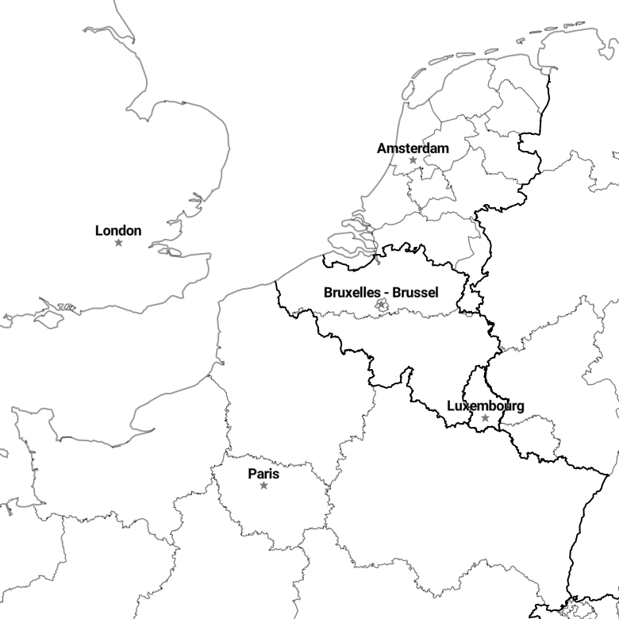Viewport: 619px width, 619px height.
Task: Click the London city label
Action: click(118, 231)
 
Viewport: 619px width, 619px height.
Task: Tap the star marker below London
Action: click(118, 242)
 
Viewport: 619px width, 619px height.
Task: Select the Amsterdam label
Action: click(413, 148)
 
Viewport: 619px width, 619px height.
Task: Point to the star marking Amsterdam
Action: click(413, 160)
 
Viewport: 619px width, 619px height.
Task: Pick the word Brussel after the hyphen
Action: click(415, 293)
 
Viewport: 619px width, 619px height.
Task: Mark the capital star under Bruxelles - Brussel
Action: click(382, 305)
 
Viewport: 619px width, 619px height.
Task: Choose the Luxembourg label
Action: click(486, 406)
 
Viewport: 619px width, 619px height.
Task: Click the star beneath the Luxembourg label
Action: click(485, 417)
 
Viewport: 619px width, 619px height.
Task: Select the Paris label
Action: click(263, 474)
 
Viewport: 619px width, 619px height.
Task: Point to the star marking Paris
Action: click(263, 485)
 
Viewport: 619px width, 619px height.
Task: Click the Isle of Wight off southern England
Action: click(49, 319)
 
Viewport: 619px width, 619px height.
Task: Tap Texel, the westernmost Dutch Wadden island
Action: click(408, 90)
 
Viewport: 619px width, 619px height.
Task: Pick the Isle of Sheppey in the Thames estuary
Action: click(174, 252)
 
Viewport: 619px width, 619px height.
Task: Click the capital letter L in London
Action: click(99, 231)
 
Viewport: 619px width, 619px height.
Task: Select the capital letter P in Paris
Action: click(252, 474)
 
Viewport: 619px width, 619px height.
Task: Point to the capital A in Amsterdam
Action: click(382, 148)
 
